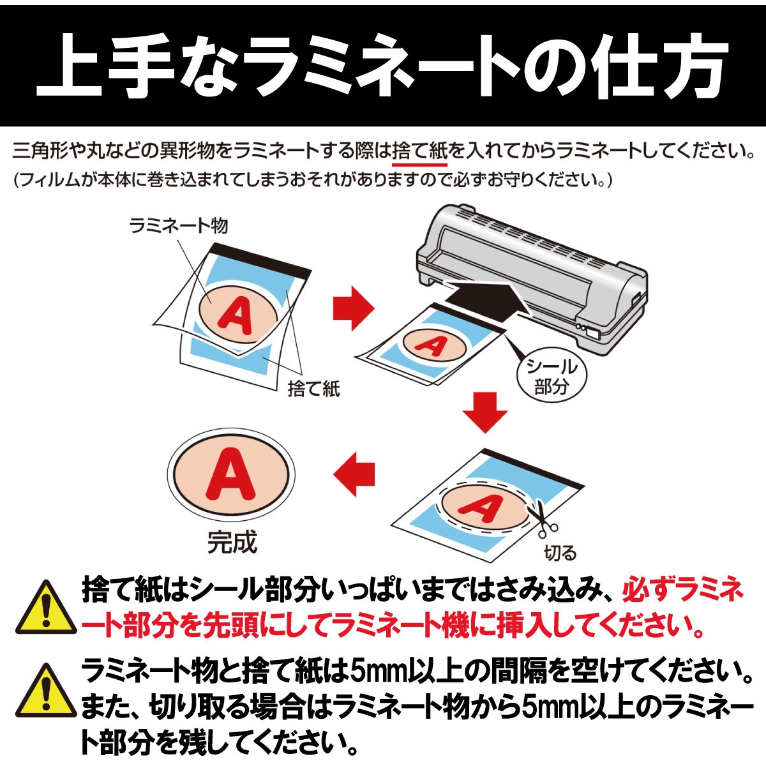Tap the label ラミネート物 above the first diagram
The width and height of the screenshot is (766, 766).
click(178, 225)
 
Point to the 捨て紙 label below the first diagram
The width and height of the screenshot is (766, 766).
click(313, 388)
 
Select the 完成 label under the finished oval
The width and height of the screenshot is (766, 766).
click(232, 543)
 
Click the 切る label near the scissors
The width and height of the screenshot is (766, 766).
click(560, 553)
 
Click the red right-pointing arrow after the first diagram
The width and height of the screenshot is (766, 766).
click(353, 308)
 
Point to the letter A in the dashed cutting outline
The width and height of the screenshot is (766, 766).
click(483, 508)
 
